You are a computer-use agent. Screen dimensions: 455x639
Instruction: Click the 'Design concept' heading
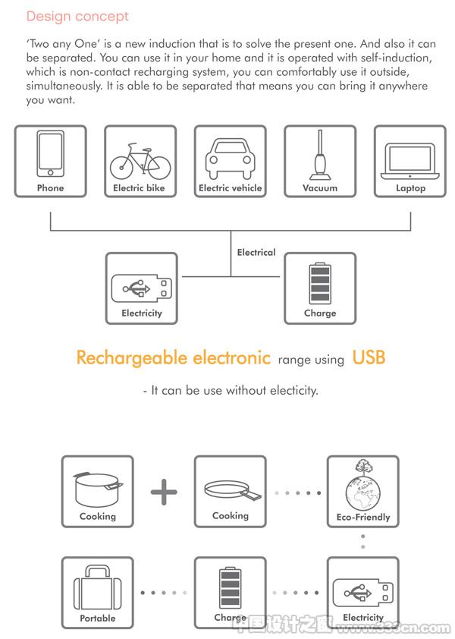pyautogui.click(x=77, y=17)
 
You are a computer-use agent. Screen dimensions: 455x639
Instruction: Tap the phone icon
pyautogui.click(x=51, y=153)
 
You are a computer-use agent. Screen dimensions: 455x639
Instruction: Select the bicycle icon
pyautogui.click(x=140, y=161)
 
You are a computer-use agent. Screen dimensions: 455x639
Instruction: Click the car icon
pyautogui.click(x=230, y=159)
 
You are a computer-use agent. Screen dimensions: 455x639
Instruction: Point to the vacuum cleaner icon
pyautogui.click(x=320, y=155)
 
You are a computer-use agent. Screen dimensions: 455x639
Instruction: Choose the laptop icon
pyautogui.click(x=409, y=162)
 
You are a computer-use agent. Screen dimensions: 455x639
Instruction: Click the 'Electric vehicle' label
pyautogui.click(x=230, y=188)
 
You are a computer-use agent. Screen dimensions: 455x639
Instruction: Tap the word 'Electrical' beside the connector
pyautogui.click(x=256, y=252)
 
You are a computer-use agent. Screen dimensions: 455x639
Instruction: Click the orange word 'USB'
pyautogui.click(x=369, y=357)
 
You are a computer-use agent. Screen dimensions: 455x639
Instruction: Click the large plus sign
pyautogui.click(x=164, y=492)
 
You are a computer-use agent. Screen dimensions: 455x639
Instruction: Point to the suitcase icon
pyautogui.click(x=97, y=587)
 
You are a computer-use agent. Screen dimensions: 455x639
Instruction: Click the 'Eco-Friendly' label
pyautogui.click(x=363, y=517)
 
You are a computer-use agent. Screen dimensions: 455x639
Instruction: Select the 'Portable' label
pyautogui.click(x=97, y=619)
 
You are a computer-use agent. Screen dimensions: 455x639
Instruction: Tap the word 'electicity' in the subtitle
pyautogui.click(x=293, y=391)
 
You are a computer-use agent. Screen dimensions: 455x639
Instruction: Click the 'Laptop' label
pyautogui.click(x=410, y=188)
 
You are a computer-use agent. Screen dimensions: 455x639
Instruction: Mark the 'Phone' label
pyautogui.click(x=51, y=188)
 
